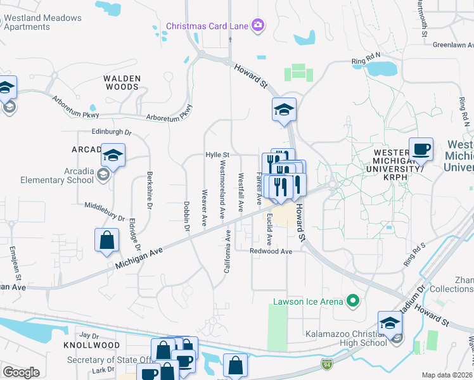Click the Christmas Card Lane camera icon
[x=258, y=25]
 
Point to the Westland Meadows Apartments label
[x=41, y=22]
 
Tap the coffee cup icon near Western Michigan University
[x=421, y=150]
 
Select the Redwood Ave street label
[x=271, y=251]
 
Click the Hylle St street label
[x=217, y=155]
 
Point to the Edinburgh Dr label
[x=112, y=133]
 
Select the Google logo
[x=21, y=372]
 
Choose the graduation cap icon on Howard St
[x=285, y=110]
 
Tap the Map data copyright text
[x=447, y=375]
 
